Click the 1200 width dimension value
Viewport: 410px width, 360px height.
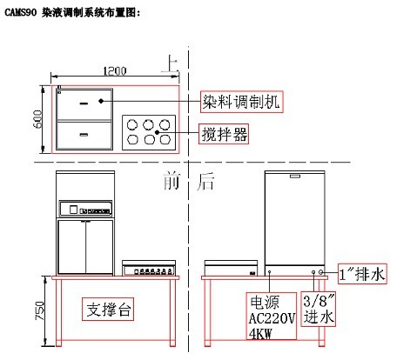(x=115, y=71)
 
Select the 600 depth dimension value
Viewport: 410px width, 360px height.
(x=37, y=119)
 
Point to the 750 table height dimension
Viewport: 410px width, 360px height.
(x=39, y=310)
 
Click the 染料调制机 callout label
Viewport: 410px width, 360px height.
(x=241, y=102)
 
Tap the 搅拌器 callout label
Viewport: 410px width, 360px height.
(x=224, y=134)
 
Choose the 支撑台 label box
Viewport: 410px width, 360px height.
(x=108, y=310)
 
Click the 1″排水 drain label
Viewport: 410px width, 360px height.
(x=362, y=274)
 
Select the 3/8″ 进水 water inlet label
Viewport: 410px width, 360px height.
(x=319, y=310)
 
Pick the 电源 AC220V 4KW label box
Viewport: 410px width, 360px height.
(x=272, y=316)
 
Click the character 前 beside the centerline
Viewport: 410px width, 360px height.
(x=171, y=181)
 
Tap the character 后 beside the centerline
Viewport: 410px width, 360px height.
(x=205, y=182)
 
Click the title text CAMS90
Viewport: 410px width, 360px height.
(x=21, y=13)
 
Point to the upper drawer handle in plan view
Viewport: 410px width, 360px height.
(x=84, y=103)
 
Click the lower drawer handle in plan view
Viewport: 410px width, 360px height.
(x=84, y=135)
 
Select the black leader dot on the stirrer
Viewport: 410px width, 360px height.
(x=157, y=132)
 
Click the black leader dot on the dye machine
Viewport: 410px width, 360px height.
(x=101, y=101)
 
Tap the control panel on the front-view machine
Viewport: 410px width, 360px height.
(x=85, y=209)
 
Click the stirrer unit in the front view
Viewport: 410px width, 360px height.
(x=149, y=268)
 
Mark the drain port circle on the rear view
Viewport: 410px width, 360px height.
(x=321, y=272)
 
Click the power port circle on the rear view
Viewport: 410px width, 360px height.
(x=270, y=272)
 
